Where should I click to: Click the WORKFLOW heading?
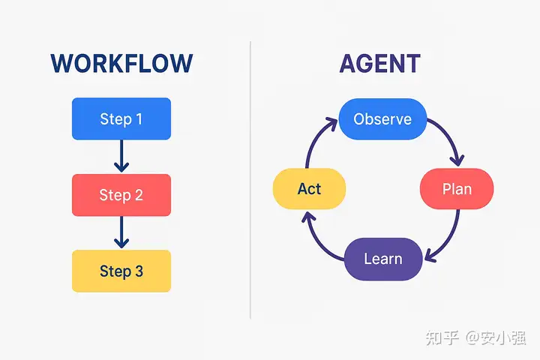tap(121, 64)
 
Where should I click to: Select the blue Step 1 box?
tap(121, 118)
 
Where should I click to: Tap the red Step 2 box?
tap(121, 195)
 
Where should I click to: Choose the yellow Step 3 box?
tap(121, 271)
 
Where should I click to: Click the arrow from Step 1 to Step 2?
tap(121, 156)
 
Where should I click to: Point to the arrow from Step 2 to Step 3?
tap(121, 232)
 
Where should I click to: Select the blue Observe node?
tap(382, 119)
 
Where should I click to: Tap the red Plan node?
tap(457, 188)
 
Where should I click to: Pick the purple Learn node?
tap(382, 259)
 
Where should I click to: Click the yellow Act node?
tap(309, 188)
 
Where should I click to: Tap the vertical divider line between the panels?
tap(250, 180)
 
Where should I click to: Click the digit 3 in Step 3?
tap(139, 271)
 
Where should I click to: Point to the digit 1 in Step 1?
tap(139, 118)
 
